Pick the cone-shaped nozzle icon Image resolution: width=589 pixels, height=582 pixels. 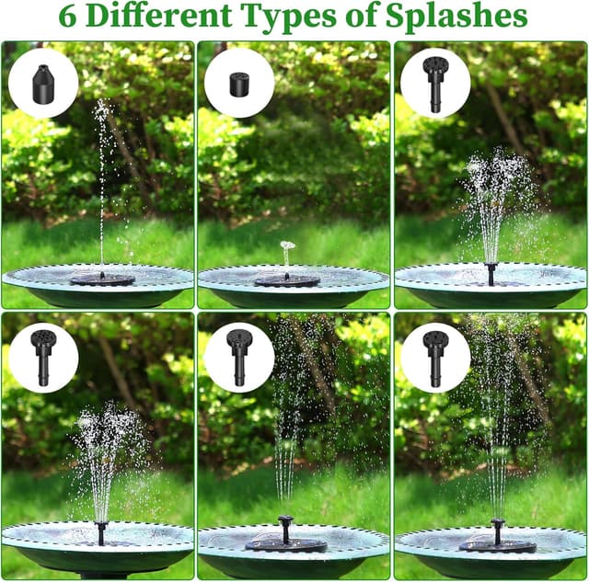pos(43,83)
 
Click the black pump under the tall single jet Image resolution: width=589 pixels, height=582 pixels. pos(101,278)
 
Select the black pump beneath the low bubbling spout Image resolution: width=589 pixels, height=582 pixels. pos(287,280)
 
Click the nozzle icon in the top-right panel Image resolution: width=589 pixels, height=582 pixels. pos(435,82)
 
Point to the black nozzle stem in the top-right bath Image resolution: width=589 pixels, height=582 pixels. pos(491,274)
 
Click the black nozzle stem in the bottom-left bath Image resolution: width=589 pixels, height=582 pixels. pos(101,531)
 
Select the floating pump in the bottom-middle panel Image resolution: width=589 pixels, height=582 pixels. pos(286,542)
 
